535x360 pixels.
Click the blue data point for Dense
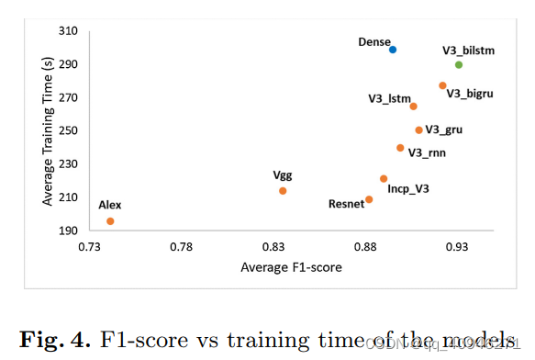pyautogui.click(x=393, y=50)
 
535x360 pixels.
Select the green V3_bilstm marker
pyautogui.click(x=459, y=64)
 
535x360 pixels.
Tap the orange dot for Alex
pyautogui.click(x=110, y=221)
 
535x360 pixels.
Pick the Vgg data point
pyautogui.click(x=283, y=191)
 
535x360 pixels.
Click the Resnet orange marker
pyautogui.click(x=369, y=199)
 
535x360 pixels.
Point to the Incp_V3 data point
pyautogui.click(x=384, y=179)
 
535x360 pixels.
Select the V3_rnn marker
pyautogui.click(x=400, y=148)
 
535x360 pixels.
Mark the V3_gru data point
pyautogui.click(x=418, y=130)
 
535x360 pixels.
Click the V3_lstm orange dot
pyautogui.click(x=413, y=107)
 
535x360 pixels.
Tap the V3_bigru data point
pyautogui.click(x=442, y=85)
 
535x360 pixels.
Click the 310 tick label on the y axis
pyautogui.click(x=69, y=32)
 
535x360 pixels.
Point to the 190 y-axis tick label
pyautogui.click(x=69, y=231)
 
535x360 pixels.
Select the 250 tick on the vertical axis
pyautogui.click(x=69, y=131)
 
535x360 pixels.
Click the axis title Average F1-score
pyautogui.click(x=291, y=268)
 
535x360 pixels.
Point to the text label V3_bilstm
pyautogui.click(x=468, y=51)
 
